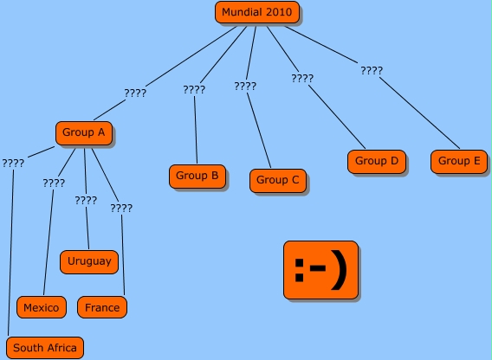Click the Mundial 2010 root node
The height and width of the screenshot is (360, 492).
tap(257, 12)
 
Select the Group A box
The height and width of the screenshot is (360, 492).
tap(84, 133)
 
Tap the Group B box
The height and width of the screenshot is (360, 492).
tap(197, 177)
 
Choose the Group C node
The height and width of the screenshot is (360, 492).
tap(278, 181)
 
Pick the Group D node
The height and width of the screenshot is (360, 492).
tap(377, 162)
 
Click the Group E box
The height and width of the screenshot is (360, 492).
tap(459, 162)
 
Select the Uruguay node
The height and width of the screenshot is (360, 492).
tap(89, 262)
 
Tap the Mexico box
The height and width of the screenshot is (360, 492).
tap(42, 307)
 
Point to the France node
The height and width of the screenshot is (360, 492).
tap(102, 307)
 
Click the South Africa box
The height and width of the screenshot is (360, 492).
tap(45, 348)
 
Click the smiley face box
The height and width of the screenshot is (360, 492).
tap(320, 270)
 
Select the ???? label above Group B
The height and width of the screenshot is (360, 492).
tap(194, 90)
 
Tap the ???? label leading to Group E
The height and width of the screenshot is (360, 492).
tap(372, 71)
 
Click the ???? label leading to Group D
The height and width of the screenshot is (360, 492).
tap(302, 79)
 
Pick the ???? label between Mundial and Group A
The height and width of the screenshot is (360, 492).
tap(135, 93)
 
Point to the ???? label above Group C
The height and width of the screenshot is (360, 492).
tap(245, 87)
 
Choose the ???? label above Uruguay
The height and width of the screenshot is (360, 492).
tap(86, 201)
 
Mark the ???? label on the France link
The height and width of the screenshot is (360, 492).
tap(121, 209)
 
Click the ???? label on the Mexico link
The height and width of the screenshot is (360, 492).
tap(54, 183)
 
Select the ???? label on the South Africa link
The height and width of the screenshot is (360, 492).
tap(13, 164)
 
